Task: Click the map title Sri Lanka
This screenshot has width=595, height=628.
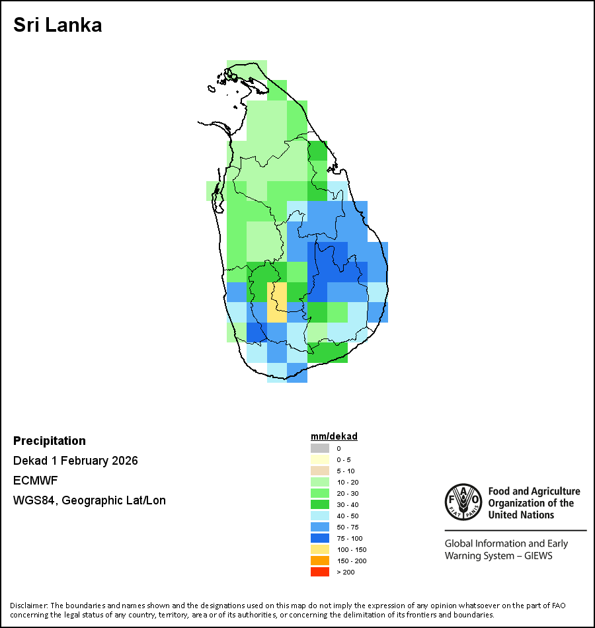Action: coord(58,26)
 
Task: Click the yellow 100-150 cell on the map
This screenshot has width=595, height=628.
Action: coord(277,302)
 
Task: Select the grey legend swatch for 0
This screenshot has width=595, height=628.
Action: coord(320,448)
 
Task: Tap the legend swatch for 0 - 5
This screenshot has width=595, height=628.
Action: coord(320,459)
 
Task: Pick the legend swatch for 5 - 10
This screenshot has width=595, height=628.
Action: coord(320,471)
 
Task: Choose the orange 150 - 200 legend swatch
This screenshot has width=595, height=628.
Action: coord(320,561)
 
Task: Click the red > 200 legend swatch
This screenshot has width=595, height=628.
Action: coord(320,572)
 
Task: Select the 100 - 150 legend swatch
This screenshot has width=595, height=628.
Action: coord(320,549)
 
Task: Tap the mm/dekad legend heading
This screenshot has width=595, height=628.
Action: coord(334,436)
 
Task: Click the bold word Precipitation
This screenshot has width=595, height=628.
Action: coord(50,441)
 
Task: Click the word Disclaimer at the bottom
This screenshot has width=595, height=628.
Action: coord(28,606)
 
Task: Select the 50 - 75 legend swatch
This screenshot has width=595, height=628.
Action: coord(320,527)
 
